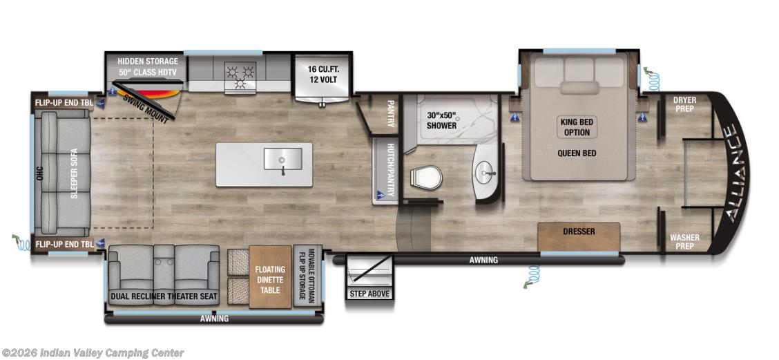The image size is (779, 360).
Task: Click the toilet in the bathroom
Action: pos(426,177)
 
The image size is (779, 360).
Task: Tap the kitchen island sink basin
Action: pos(282,159)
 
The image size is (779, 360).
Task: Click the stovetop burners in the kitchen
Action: pos(240,75)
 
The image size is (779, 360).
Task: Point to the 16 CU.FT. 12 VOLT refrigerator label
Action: pos(322,75)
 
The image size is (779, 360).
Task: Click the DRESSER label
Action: pos(579,231)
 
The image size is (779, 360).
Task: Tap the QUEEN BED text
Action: pos(577,153)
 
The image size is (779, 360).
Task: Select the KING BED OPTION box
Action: pos(577,127)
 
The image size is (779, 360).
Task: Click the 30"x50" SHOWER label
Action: pos(442,120)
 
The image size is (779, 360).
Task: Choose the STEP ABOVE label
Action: pos(369,294)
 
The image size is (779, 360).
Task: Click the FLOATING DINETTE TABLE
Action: pos(270,276)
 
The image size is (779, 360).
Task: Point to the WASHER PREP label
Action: pos(684,242)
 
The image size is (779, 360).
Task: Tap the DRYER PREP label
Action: pos(684,104)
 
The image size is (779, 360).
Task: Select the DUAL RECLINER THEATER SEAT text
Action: pos(164,297)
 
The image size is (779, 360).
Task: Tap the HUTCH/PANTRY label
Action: pos(390,170)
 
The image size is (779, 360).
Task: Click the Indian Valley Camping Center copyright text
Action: pos(93,353)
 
